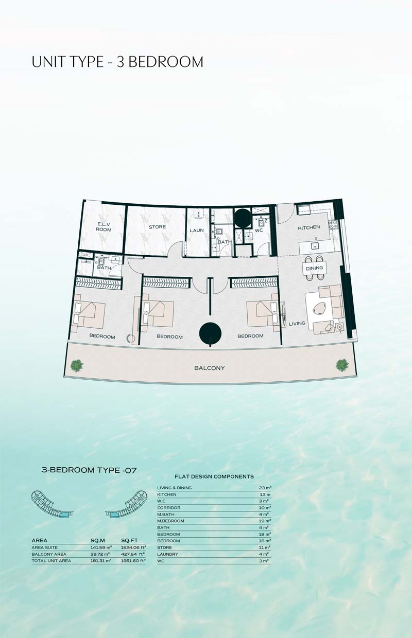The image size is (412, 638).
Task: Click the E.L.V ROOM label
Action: coord(104,227)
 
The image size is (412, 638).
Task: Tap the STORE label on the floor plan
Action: coord(158,227)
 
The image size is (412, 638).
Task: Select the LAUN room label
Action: coord(197,230)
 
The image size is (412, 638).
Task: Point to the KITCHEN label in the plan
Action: coord(309,227)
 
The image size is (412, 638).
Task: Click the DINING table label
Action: coord(315,268)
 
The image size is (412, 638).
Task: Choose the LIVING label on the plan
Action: coord(297,324)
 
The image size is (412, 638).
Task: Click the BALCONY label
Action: coord(210,368)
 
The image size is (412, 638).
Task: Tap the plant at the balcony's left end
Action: coord(77,365)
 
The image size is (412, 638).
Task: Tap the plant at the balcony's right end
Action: coord(342,365)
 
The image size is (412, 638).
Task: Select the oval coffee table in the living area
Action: coord(319,308)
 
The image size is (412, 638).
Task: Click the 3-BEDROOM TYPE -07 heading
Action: coord(89,470)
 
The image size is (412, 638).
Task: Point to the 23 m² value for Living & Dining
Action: coord(265,488)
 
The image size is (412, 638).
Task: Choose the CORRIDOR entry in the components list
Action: coord(169,507)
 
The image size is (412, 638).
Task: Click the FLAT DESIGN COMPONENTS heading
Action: coord(214,476)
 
